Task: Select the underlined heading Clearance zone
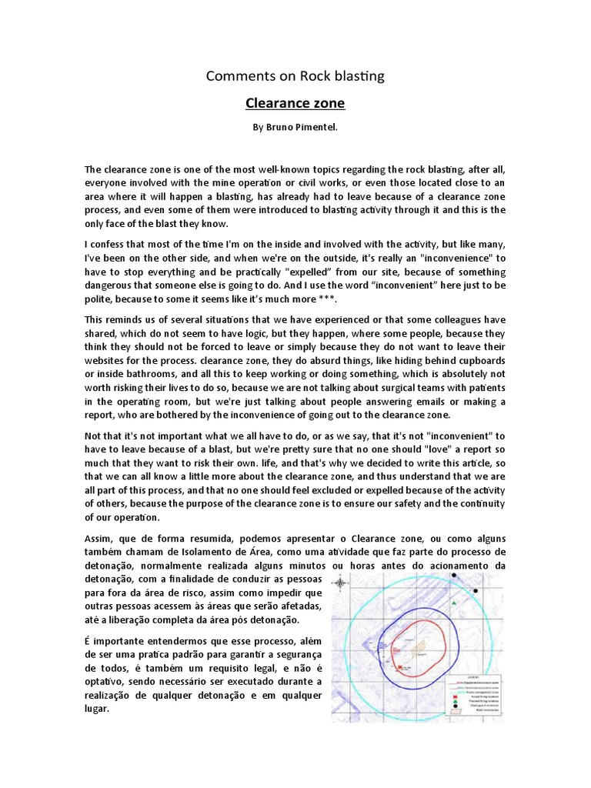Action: click(295, 102)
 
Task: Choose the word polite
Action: click(100, 299)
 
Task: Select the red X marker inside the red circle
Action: click(400, 668)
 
